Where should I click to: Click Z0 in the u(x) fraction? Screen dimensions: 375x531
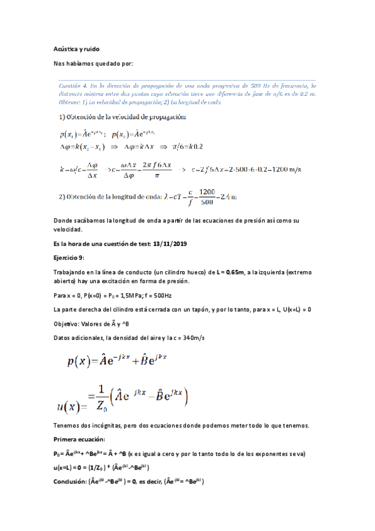pyautogui.click(x=102, y=404)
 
